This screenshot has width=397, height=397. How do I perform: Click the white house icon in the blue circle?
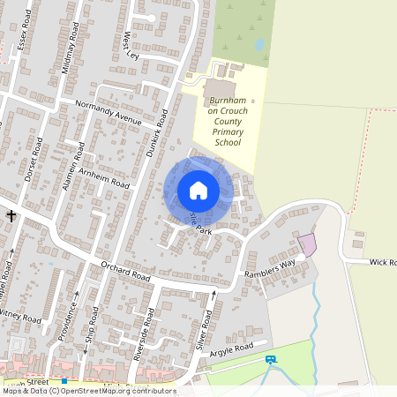coord(198,191)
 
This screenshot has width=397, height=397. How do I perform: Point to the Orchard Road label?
coord(126,270)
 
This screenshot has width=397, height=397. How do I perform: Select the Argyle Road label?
coord(232,346)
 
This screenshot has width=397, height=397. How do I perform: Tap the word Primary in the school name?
coord(231,132)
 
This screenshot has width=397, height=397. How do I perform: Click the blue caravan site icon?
coord(270,359)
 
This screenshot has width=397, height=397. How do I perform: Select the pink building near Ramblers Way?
coord(307,244)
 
